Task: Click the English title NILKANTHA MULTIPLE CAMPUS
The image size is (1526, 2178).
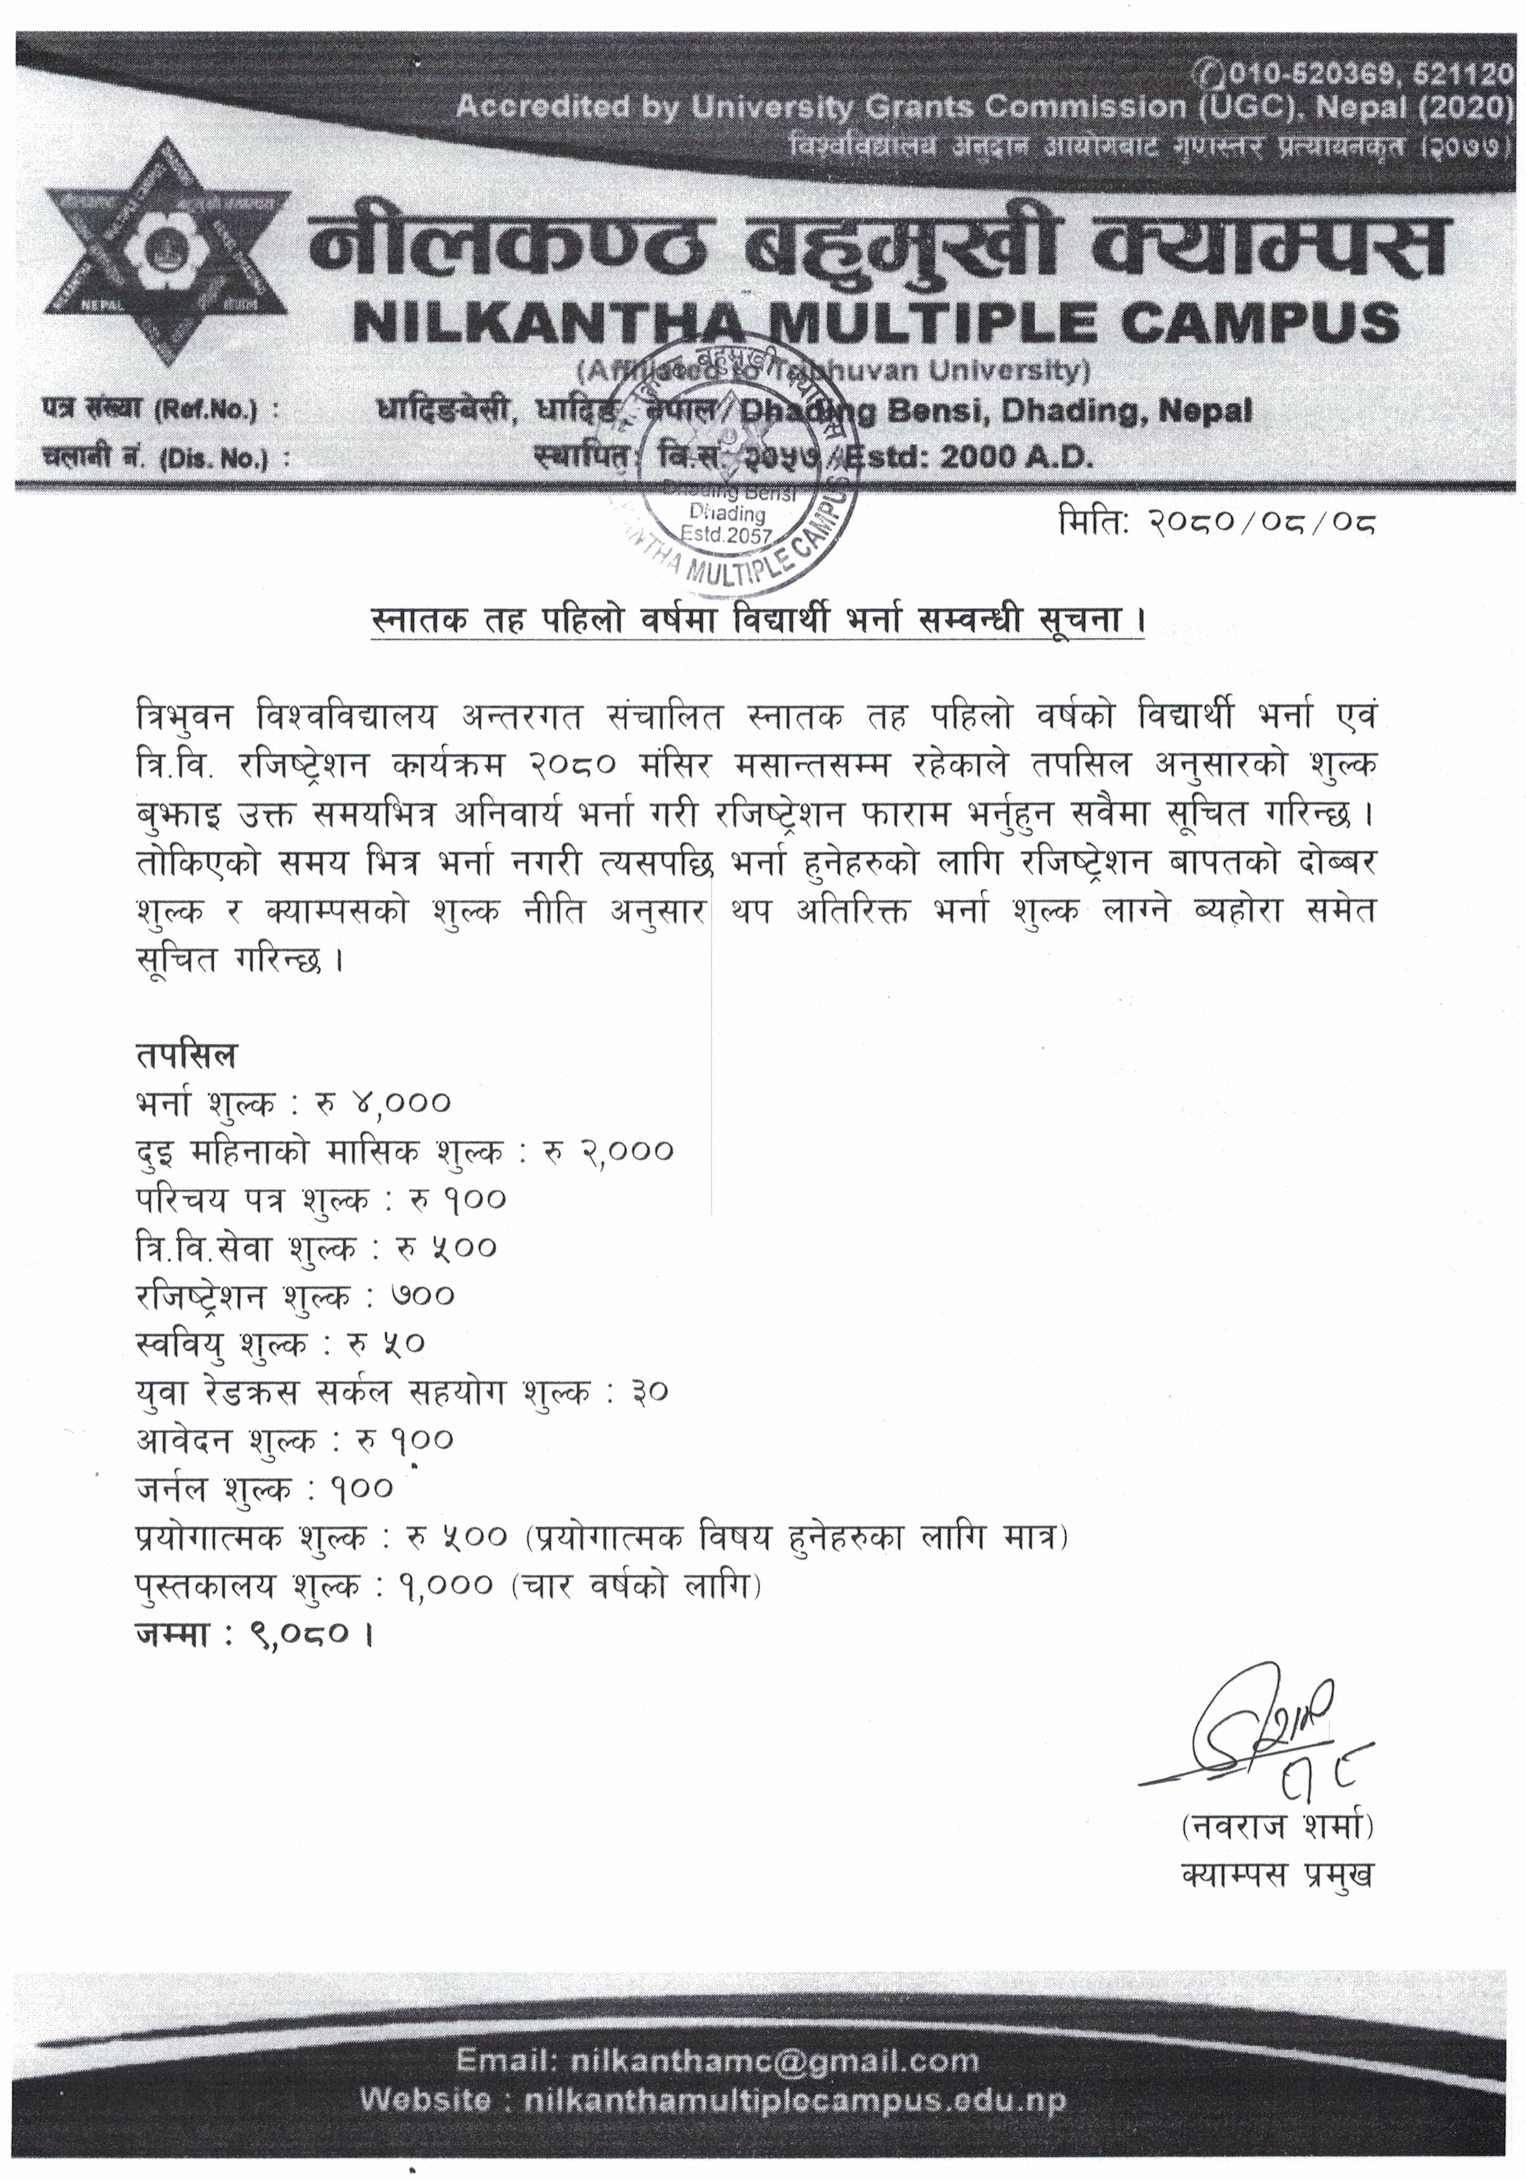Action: tap(875, 323)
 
